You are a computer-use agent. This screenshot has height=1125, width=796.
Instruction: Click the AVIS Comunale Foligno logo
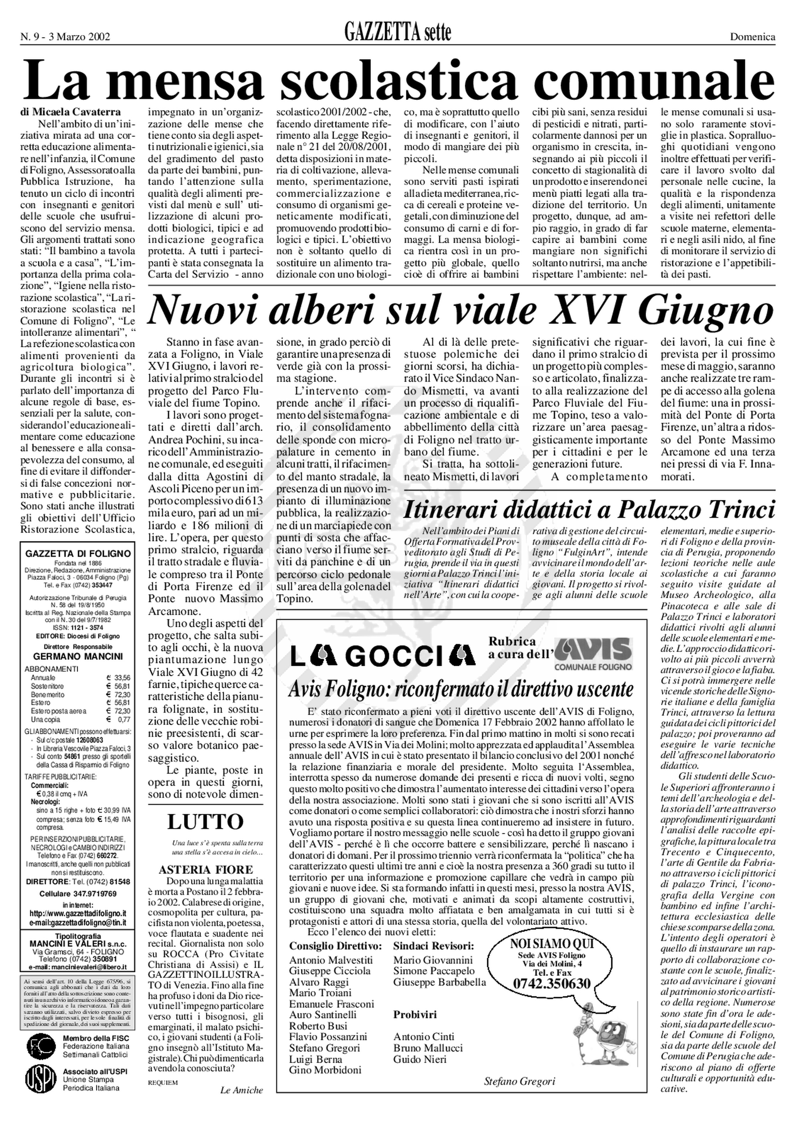tap(593, 653)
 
